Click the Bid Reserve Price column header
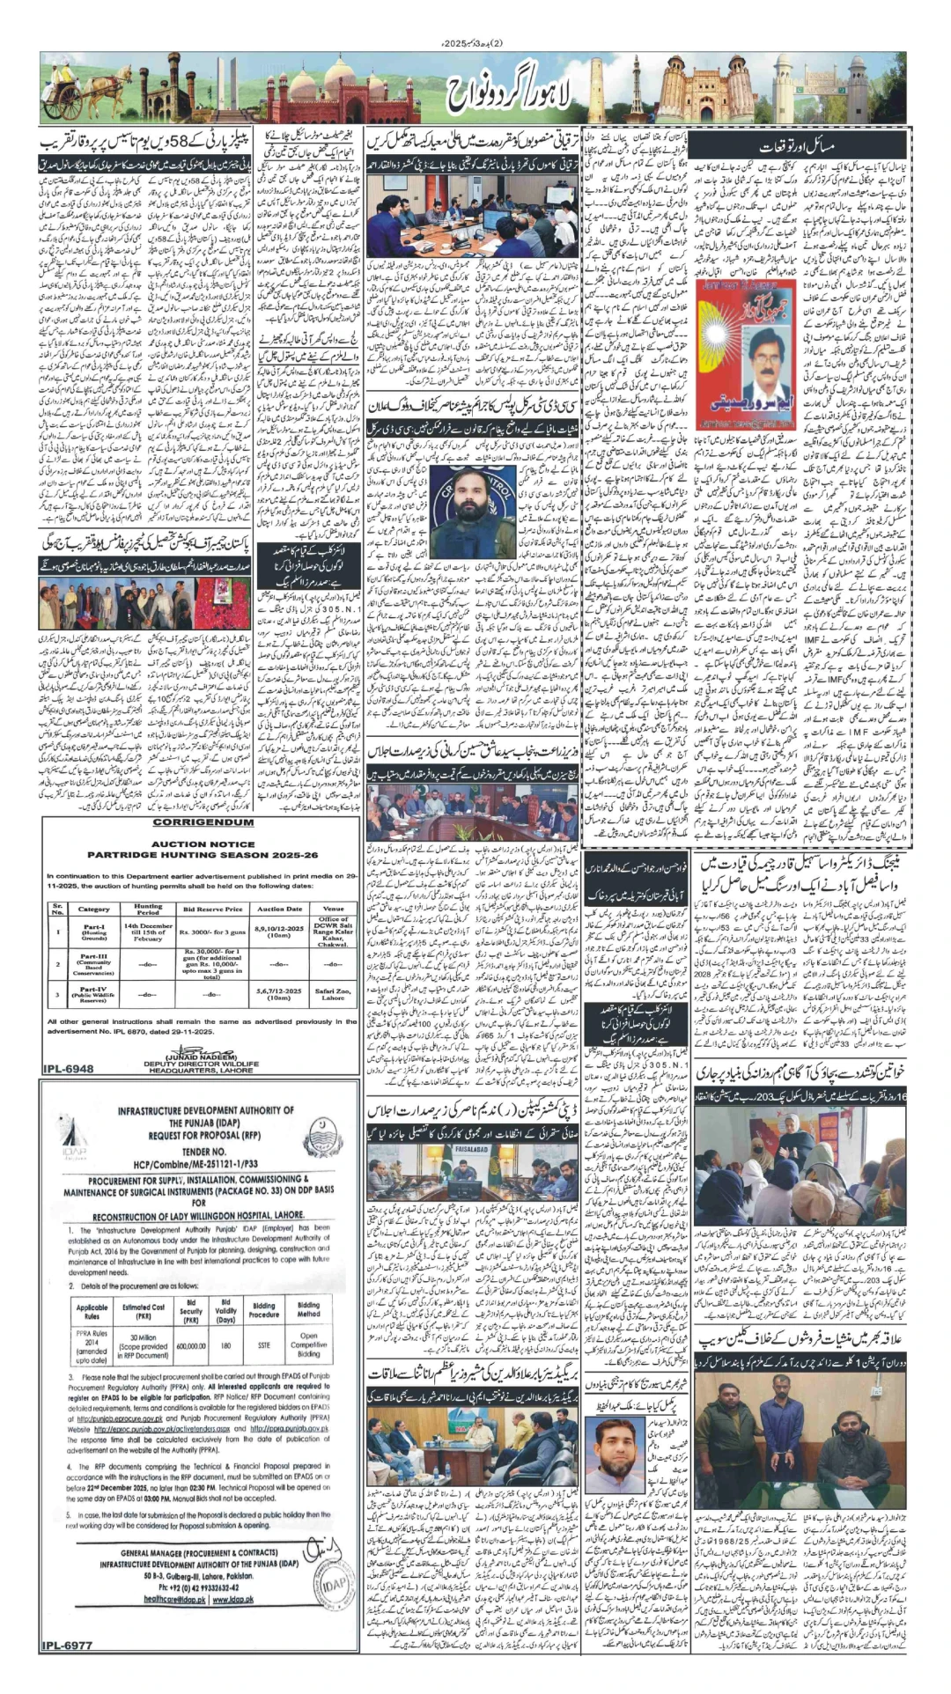pyautogui.click(x=212, y=909)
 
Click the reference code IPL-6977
pyautogui.click(x=66, y=1645)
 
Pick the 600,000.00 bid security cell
pyautogui.click(x=190, y=1345)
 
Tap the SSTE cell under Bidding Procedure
pyautogui.click(x=263, y=1345)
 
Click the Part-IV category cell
pyautogui.click(x=94, y=994)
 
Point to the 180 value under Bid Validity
pyautogui.click(x=225, y=1345)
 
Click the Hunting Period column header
pyautogui.click(x=148, y=909)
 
